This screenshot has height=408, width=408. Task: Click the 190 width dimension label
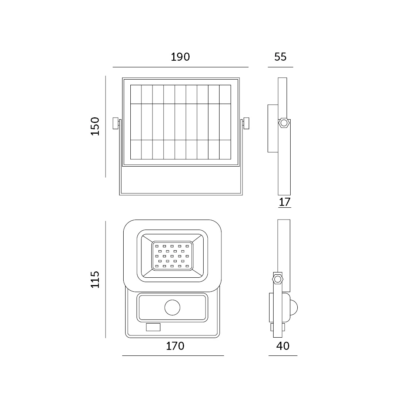(180, 57)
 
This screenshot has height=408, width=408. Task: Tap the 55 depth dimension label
(280, 57)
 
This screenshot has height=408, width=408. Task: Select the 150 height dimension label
(95, 126)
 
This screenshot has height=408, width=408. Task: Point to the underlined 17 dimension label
(284, 202)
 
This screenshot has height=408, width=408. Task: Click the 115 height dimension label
(95, 280)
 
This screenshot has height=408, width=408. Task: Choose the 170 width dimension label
(175, 346)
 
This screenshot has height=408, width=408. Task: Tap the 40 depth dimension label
(283, 346)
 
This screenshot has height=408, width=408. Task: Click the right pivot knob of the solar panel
(246, 123)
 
